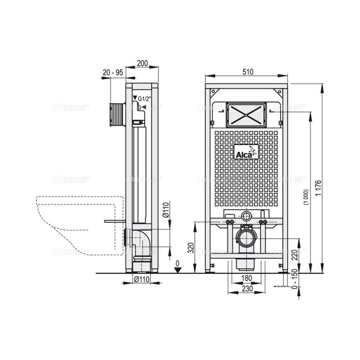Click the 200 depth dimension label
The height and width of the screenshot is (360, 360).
pos(142,63)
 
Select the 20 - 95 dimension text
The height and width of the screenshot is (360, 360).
pos(113,73)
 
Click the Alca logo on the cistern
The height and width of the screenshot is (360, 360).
pos(245,152)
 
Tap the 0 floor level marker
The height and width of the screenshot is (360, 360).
pos(177,263)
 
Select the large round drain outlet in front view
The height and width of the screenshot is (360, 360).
pos(246,238)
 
